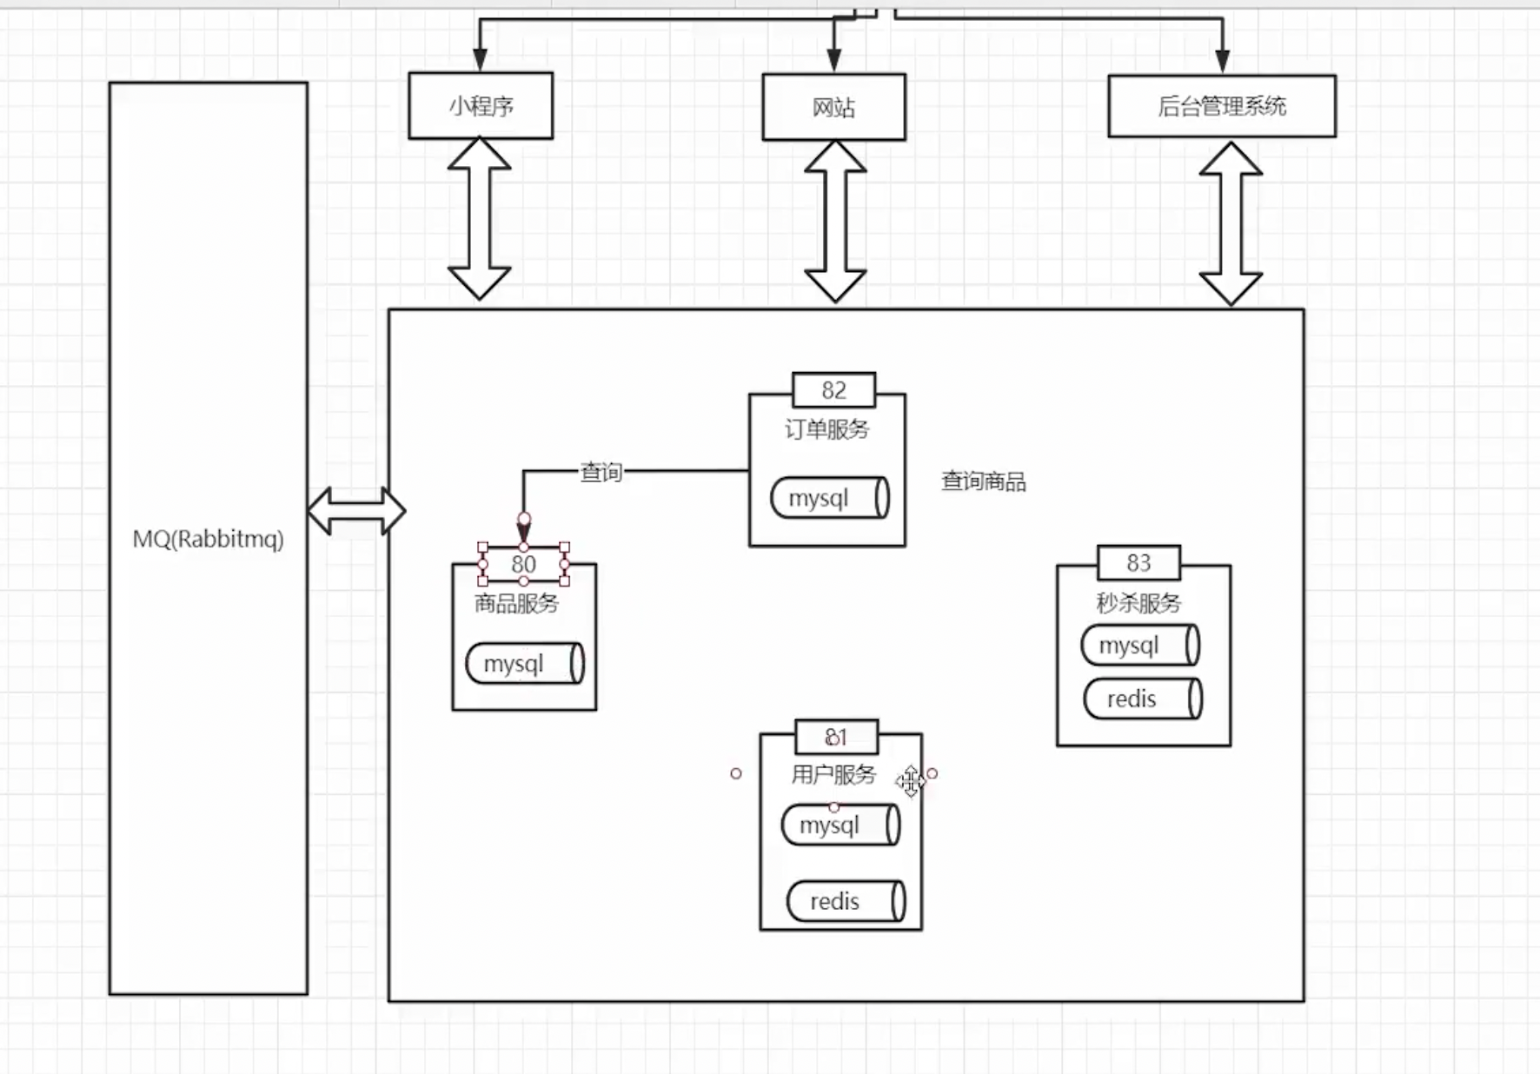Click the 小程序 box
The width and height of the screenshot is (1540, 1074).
pyautogui.click(x=481, y=106)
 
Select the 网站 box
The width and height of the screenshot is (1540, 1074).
pyautogui.click(x=833, y=107)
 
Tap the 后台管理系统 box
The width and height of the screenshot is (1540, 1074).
pyautogui.click(x=1221, y=106)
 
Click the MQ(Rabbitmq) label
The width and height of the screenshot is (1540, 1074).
pyautogui.click(x=209, y=539)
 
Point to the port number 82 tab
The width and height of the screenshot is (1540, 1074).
pyautogui.click(x=833, y=390)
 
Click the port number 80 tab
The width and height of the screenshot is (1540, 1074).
pyautogui.click(x=523, y=564)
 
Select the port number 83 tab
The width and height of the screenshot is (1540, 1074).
pyautogui.click(x=1138, y=563)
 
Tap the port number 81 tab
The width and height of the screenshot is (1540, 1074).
pyautogui.click(x=836, y=738)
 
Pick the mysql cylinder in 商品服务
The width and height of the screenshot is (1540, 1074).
pyautogui.click(x=524, y=664)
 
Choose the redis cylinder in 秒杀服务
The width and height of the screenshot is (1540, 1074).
pyautogui.click(x=1142, y=699)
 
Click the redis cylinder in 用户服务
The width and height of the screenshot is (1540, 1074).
pyautogui.click(x=845, y=901)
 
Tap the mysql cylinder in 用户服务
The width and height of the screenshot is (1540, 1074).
pyautogui.click(x=840, y=825)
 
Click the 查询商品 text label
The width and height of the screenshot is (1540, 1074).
pyautogui.click(x=983, y=481)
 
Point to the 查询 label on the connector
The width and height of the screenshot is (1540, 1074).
pyautogui.click(x=601, y=472)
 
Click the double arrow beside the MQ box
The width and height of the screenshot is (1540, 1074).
pyautogui.click(x=356, y=511)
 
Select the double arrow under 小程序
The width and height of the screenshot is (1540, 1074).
pyautogui.click(x=479, y=219)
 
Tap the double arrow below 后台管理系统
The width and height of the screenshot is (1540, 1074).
pyautogui.click(x=1230, y=223)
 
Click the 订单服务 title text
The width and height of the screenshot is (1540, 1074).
pyautogui.click(x=826, y=429)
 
